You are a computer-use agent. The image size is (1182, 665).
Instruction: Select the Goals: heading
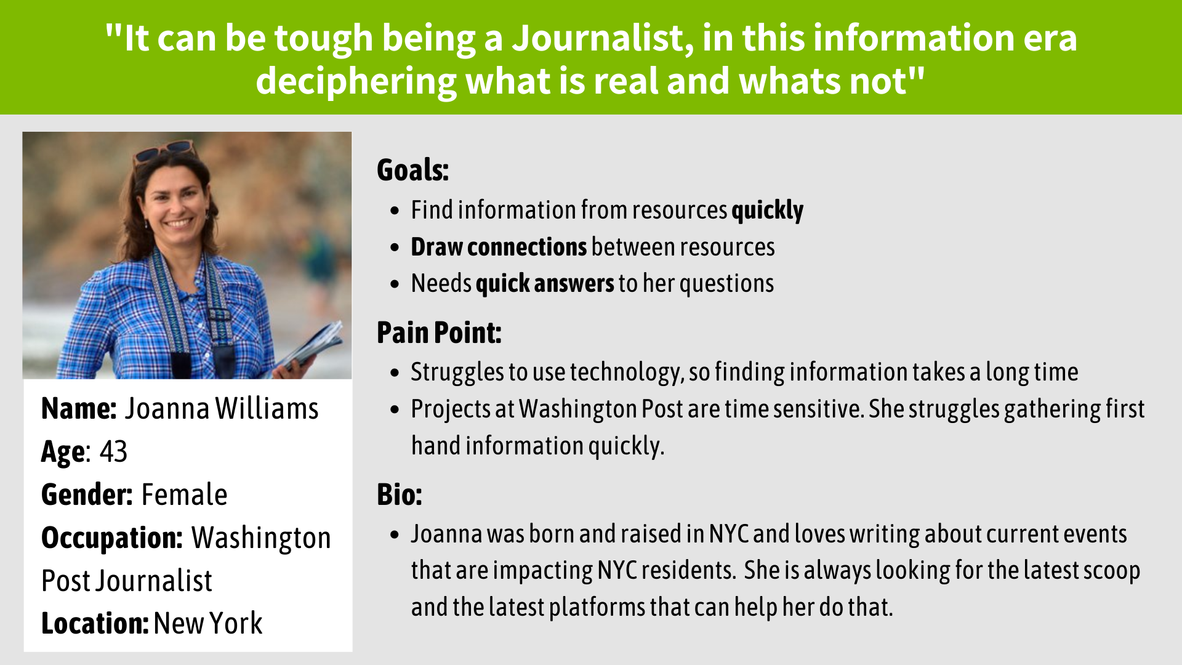click(x=412, y=170)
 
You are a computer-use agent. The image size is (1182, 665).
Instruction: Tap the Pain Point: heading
click(x=439, y=332)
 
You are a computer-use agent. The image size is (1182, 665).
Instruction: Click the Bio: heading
click(x=400, y=494)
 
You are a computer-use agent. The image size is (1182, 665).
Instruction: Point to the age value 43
click(x=113, y=451)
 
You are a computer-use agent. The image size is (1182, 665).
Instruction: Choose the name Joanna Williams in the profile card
click(x=222, y=409)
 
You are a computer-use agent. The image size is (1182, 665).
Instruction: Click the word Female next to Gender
click(x=184, y=494)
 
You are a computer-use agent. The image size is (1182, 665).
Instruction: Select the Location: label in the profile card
click(x=95, y=623)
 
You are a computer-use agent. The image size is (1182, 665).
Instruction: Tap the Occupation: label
click(x=112, y=538)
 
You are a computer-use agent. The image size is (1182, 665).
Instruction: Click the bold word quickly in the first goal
click(x=767, y=211)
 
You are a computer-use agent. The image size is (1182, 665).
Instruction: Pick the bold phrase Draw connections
click(x=499, y=247)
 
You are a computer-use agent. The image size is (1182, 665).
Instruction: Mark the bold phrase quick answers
click(x=545, y=284)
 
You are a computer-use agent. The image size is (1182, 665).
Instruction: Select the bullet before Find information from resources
click(x=395, y=211)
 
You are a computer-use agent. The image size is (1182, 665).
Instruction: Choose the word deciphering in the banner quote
click(x=356, y=82)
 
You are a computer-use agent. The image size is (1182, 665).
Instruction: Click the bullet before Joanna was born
click(x=395, y=534)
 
